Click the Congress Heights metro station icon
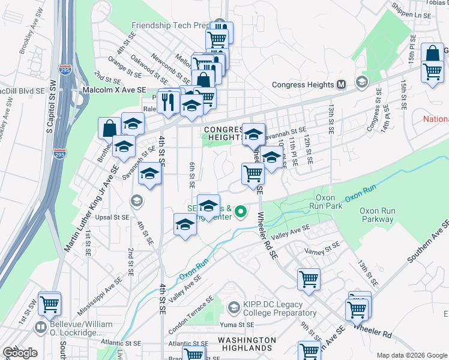(342, 85)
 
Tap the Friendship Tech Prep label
(172, 26)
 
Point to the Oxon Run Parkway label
(376, 215)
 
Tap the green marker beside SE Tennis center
(241, 211)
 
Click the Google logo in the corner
(20, 352)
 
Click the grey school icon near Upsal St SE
(136, 200)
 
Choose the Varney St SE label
(322, 250)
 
